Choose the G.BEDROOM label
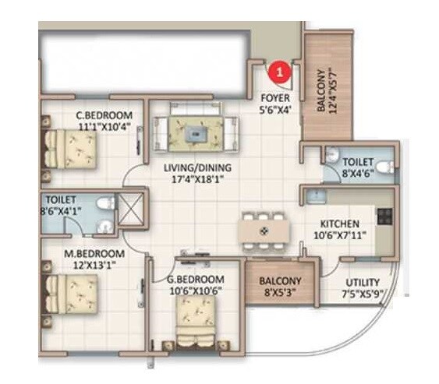click(x=195, y=280)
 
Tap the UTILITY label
click(x=363, y=282)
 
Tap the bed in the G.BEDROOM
click(x=196, y=319)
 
